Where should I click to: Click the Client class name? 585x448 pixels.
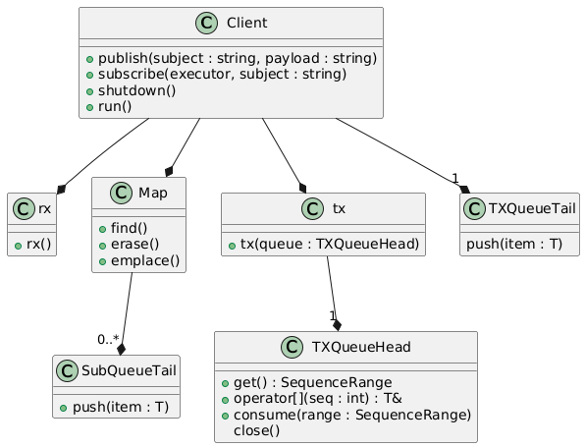pos(246,23)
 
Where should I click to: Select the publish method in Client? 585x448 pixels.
pos(238,58)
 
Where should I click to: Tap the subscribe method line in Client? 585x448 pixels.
pos(222,75)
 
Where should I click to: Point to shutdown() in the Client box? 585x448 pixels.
pos(136,90)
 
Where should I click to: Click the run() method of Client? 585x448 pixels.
pos(115,107)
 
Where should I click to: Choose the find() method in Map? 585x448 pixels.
pos(129,228)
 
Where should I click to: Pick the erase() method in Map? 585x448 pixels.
pos(134,245)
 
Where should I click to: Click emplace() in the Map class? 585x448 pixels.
pos(145,260)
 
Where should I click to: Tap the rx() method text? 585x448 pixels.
pos(38,245)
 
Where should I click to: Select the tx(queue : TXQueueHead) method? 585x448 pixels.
pos(330,245)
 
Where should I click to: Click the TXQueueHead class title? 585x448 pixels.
pos(361,347)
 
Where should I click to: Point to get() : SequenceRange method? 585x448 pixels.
pos(313,383)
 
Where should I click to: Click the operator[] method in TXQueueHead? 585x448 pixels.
pos(318,399)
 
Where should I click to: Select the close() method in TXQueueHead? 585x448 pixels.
pos(257,431)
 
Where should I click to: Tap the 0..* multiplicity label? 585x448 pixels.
pos(108,339)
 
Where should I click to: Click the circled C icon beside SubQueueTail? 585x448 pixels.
pos(67,370)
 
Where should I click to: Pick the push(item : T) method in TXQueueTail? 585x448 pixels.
pos(514,245)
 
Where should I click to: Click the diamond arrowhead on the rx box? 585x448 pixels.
pos(61,190)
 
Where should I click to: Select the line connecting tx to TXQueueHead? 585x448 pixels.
pos(333,294)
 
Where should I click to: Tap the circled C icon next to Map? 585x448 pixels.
pos(122,193)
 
